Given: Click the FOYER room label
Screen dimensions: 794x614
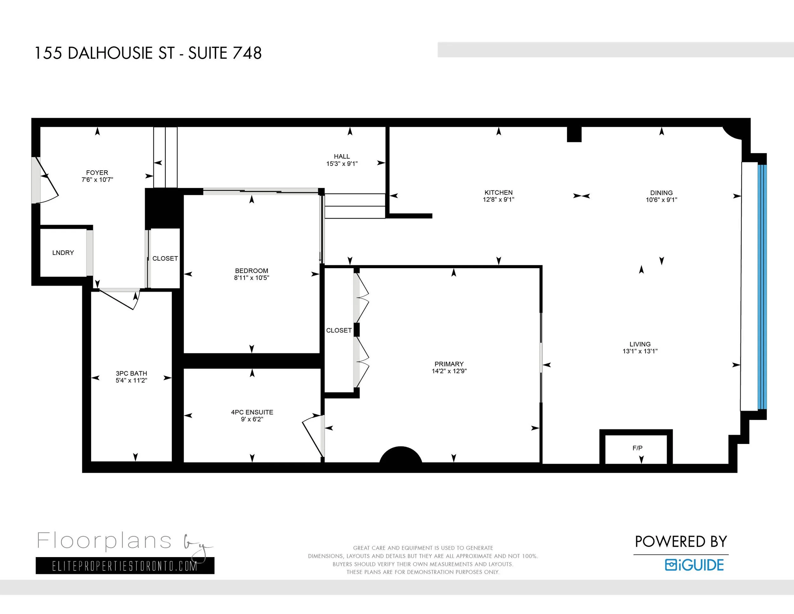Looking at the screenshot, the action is coord(97,173).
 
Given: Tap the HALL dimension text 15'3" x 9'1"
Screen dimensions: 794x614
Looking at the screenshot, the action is coord(342,164).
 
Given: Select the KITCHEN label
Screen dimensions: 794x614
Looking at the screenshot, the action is coord(498,192).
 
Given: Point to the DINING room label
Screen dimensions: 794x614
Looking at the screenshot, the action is coord(661,193).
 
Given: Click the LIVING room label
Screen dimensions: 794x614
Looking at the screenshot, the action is coord(640,344).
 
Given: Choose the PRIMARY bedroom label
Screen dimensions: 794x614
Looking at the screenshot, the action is coord(449,364).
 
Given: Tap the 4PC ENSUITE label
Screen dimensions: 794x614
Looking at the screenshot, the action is coord(252,412).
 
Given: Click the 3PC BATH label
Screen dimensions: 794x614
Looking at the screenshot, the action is coord(131,373).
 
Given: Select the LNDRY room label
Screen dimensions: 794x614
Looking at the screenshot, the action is coord(63,253).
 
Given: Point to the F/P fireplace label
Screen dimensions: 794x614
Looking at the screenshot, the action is coord(637,448).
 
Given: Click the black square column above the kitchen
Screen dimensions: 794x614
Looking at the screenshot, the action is coord(574,134).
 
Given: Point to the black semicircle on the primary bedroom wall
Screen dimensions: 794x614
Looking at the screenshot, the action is coord(400,455).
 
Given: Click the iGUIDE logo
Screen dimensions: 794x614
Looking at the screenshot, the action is coord(694,565).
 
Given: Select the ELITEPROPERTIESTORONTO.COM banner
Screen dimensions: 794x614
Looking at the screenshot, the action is coord(125,566).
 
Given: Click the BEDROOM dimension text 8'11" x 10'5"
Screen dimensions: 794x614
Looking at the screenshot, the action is coord(252,278).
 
